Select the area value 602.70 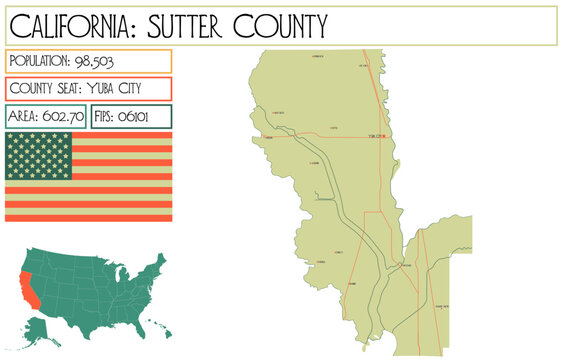(63, 117)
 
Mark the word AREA (25, 117)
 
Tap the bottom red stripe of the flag (88, 216)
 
